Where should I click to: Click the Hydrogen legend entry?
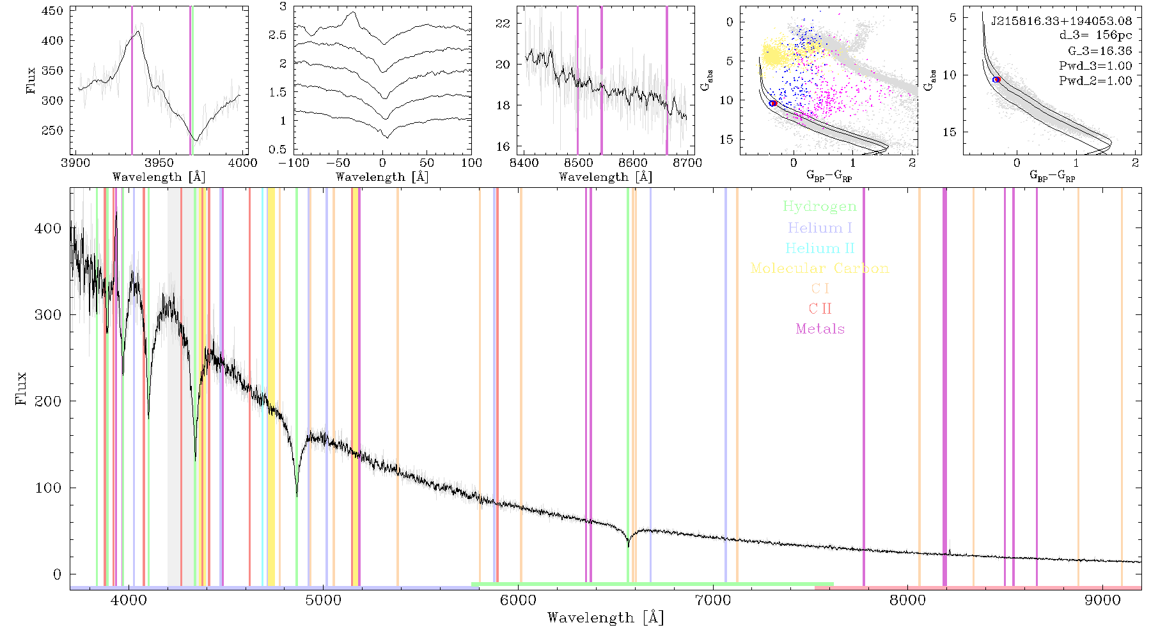point(819,206)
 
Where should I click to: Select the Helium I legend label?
point(820,227)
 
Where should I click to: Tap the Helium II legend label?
point(820,248)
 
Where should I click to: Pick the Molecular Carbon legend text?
point(820,268)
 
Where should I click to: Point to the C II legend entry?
point(820,309)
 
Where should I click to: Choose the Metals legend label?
point(820,329)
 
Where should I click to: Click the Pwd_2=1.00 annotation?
point(1095,81)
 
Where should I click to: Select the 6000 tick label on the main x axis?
point(519,600)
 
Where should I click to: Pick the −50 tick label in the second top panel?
point(338,163)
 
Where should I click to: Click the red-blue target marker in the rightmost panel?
point(996,79)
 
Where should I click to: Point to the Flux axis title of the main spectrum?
point(21,388)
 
